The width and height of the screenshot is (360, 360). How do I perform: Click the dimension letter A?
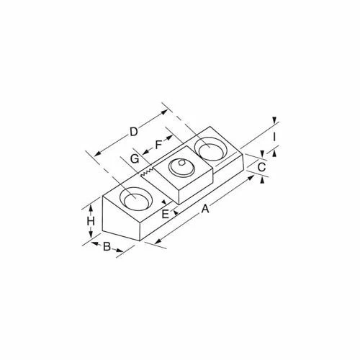206,209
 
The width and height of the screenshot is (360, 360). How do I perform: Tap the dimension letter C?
262,167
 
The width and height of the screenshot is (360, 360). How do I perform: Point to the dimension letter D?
133,132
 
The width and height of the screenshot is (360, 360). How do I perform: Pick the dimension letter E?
166,214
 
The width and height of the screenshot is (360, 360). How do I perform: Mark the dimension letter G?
135,158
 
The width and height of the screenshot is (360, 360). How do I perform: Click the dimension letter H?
91,222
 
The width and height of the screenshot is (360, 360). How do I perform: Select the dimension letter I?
274,135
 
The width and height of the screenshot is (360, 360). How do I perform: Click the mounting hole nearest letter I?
211,150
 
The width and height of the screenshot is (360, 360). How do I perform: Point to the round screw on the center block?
179,171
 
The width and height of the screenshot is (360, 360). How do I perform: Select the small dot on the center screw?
183,165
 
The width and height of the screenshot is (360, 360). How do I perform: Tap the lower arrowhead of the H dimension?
91,238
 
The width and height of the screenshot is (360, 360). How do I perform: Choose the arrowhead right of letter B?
120,253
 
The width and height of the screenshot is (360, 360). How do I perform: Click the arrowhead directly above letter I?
274,121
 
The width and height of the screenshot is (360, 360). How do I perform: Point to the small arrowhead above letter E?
164,202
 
